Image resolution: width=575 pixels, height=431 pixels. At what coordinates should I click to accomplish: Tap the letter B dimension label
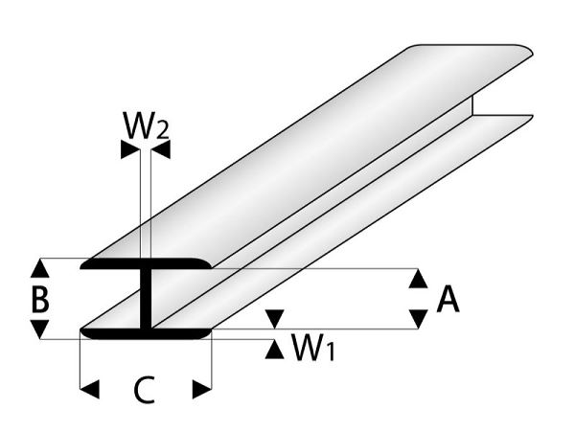click(39, 299)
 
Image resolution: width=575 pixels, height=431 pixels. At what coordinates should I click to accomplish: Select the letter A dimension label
click(448, 301)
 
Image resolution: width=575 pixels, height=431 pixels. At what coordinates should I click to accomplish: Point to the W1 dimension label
click(313, 351)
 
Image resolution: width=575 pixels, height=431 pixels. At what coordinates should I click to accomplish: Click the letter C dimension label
click(144, 390)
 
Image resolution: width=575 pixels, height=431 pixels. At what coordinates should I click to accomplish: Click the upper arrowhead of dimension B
click(39, 267)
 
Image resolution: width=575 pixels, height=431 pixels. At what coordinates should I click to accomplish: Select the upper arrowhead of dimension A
click(418, 279)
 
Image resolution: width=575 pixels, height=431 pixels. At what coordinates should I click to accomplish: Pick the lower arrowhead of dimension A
click(418, 319)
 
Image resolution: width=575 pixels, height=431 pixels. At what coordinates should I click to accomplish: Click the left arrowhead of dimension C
click(90, 389)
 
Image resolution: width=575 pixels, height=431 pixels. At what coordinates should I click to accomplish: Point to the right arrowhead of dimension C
click(200, 389)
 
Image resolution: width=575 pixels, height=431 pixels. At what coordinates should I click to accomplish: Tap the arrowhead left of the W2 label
click(128, 148)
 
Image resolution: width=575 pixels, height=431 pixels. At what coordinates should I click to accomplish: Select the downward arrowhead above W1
click(275, 318)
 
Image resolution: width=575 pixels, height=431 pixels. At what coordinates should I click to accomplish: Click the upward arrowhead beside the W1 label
click(275, 349)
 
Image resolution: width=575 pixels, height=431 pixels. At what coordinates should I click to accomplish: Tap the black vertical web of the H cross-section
click(146, 299)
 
